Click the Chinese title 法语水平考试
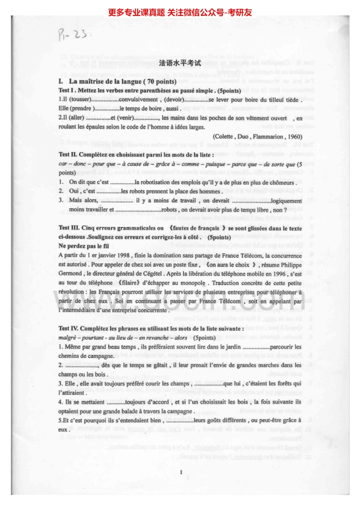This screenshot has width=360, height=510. (180, 64)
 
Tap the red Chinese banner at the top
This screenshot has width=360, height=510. (180, 12)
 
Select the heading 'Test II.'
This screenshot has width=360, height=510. (70, 154)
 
